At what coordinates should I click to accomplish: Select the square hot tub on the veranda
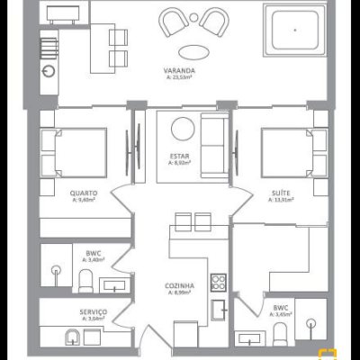click(295, 31)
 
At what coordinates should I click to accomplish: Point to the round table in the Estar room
click(184, 129)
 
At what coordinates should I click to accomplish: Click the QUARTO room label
click(84, 193)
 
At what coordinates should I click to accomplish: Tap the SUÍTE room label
click(281, 193)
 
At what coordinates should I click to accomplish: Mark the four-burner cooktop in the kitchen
click(217, 280)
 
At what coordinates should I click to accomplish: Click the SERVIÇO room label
click(94, 310)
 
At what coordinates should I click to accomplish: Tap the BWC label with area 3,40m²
click(94, 253)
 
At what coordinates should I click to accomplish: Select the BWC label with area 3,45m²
click(281, 308)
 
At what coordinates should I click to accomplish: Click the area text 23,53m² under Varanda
click(181, 77)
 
